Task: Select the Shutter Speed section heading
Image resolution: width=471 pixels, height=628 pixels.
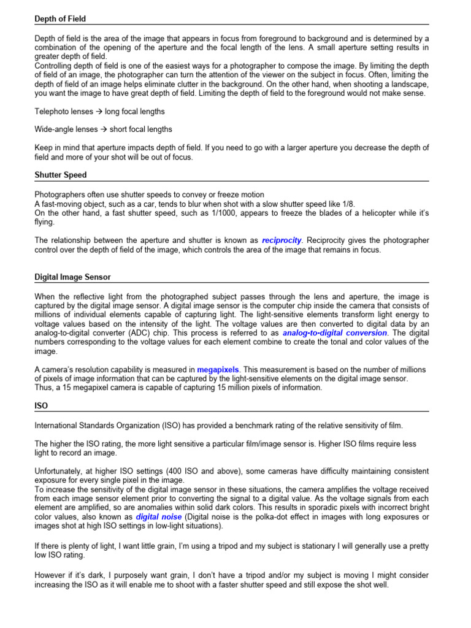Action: tap(61, 175)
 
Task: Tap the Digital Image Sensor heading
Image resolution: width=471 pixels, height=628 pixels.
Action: tap(72, 277)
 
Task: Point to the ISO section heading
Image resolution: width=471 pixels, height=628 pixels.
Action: tap(40, 405)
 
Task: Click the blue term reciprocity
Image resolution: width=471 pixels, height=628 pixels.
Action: tap(282, 240)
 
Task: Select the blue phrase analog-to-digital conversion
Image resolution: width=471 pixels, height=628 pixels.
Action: tap(334, 332)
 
